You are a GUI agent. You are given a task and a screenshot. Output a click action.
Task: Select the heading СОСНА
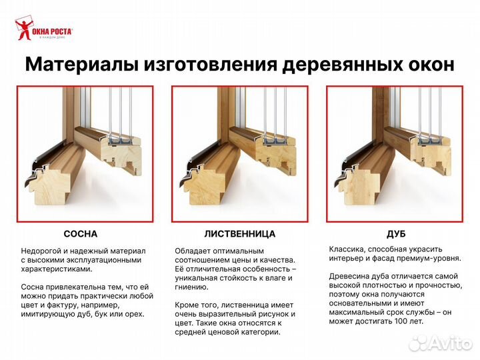(x=80, y=234)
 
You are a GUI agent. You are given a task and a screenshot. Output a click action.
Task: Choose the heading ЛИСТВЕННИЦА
(x=239, y=234)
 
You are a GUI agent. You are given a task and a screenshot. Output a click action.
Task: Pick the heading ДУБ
(x=396, y=234)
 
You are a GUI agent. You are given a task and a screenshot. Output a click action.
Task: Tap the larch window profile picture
(x=239, y=153)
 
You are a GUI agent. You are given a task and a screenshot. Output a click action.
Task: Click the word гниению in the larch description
(x=192, y=287)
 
